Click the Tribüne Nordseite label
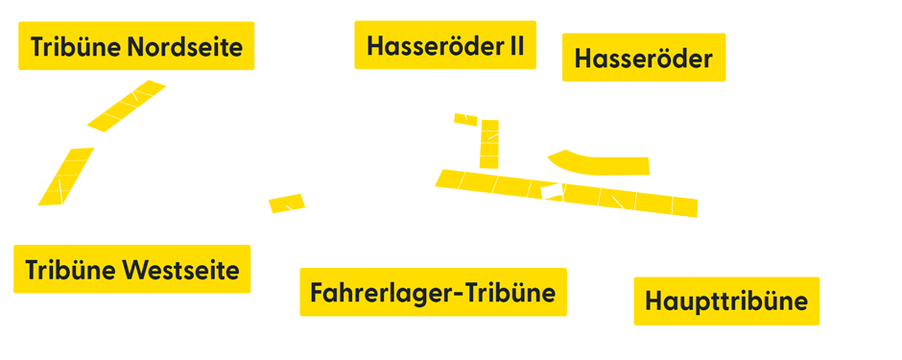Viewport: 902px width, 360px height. coord(136,47)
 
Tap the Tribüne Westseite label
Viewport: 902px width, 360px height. coord(132,270)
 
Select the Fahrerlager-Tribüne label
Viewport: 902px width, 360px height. coord(433,292)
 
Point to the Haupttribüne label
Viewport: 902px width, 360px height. coord(726,301)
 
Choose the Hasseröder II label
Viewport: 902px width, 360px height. coord(445,47)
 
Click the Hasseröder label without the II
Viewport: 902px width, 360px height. coord(643,59)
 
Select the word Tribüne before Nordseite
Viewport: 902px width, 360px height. coord(77,47)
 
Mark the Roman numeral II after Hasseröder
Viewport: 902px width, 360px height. coord(515,47)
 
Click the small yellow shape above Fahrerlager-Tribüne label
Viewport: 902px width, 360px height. coord(286,203)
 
